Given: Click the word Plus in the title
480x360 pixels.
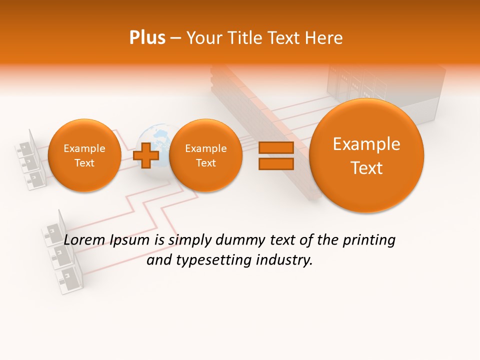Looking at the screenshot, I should coord(147,38).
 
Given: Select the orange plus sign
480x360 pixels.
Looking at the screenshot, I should coord(146,155).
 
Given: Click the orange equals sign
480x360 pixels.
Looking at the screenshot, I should coord(275,155).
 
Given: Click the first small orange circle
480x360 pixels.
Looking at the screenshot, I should coord(84,155).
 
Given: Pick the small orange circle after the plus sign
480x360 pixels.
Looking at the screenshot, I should coord(205,155).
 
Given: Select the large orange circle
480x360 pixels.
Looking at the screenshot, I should coord(366,155).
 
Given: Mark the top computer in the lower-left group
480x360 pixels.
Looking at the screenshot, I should coord(54,230).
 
